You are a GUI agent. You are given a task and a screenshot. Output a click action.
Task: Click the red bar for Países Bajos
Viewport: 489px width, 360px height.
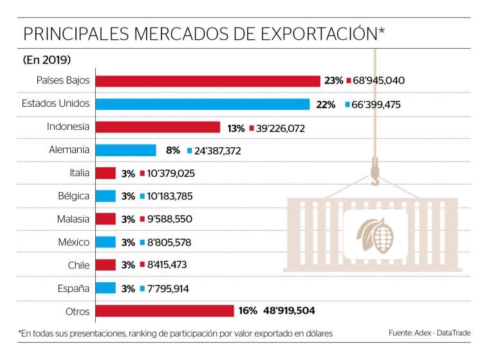coord(208,80)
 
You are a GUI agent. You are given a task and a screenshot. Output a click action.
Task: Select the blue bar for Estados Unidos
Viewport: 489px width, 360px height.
coord(203,104)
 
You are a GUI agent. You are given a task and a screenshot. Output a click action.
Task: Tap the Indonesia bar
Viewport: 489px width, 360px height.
coord(158,127)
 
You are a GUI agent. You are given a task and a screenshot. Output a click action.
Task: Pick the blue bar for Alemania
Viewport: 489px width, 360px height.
coord(126,150)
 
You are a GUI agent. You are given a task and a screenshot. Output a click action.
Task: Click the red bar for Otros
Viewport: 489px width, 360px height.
coord(165,311)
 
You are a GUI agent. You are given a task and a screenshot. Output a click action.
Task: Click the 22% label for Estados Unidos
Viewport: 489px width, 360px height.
coord(326,104)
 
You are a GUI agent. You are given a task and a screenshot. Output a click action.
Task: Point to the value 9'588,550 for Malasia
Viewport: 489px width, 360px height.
coord(169,219)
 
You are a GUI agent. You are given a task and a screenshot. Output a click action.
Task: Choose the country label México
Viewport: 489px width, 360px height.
coord(72,242)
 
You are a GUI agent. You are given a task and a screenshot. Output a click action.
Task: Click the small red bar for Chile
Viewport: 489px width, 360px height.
coord(106,265)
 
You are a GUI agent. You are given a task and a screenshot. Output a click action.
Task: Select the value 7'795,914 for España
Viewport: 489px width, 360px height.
coord(168,288)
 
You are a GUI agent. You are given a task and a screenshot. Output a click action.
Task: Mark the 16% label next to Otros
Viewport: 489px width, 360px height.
coord(248,311)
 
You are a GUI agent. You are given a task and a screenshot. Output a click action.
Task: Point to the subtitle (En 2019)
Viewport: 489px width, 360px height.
coord(46,60)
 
